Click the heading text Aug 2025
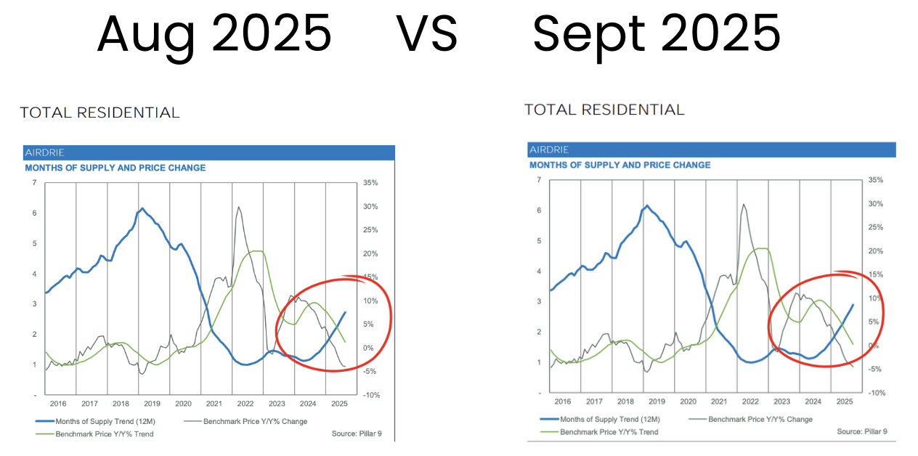214,33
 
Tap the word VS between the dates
427,33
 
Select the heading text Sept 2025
657,33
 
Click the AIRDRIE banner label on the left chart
45,153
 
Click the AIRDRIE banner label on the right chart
550,150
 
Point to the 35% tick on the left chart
370,183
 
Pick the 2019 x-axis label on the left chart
152,404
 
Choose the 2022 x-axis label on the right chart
750,401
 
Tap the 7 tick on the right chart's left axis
539,180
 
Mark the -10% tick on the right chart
876,393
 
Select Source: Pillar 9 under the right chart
862,431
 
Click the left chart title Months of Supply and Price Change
115,168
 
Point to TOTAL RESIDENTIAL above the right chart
604,110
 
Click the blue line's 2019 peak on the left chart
142,208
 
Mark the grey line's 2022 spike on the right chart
742,205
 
